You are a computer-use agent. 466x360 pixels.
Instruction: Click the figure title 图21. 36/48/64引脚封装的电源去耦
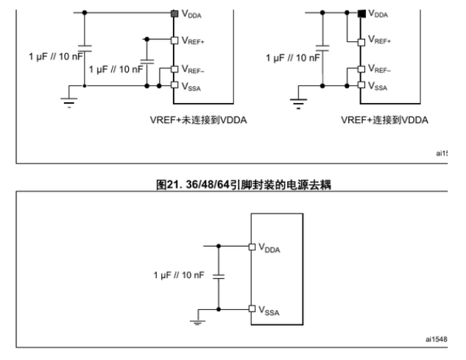[x=244, y=185]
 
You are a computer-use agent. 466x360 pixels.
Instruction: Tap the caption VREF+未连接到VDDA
[x=198, y=120]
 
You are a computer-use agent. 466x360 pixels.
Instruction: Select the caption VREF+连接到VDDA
[x=384, y=120]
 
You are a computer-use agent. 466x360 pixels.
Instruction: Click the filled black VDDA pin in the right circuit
[x=361, y=14]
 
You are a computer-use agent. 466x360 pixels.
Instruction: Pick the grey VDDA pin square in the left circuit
[x=174, y=14]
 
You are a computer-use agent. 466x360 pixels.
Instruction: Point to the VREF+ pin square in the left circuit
[x=174, y=40]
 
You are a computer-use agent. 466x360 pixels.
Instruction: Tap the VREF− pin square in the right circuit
[x=361, y=69]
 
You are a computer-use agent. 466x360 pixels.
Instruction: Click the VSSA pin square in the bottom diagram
[x=252, y=308]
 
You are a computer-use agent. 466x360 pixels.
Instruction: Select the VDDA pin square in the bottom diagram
[x=252, y=247]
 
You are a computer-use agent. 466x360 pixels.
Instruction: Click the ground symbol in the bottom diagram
[x=197, y=322]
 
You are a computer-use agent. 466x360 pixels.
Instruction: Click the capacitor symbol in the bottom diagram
[x=219, y=277]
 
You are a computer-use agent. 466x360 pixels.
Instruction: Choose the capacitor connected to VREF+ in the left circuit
[x=146, y=62]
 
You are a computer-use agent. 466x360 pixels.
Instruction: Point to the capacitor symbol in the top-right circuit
[x=322, y=48]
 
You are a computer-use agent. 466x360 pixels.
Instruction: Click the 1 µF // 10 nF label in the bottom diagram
[x=179, y=275]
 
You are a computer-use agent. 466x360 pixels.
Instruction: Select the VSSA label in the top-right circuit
[x=378, y=86]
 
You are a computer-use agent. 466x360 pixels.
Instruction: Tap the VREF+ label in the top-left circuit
[x=193, y=40]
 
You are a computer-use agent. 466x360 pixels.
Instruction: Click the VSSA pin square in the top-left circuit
[x=174, y=85]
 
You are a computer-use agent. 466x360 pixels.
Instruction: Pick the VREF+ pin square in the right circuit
[x=361, y=43]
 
